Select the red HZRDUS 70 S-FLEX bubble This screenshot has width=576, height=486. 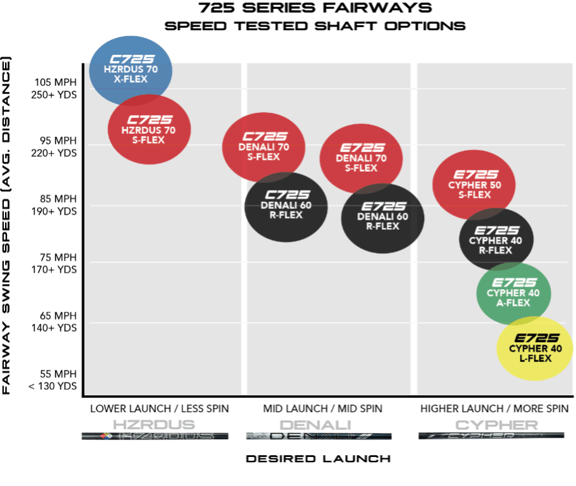[150, 129]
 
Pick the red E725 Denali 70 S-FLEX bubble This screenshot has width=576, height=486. [361, 158]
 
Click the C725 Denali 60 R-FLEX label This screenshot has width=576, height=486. [286, 205]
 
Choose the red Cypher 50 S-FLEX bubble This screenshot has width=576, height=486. [474, 184]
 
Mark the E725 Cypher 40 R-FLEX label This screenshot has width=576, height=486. [495, 240]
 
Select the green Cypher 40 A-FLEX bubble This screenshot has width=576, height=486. [514, 293]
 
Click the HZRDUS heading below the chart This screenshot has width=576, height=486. [153, 424]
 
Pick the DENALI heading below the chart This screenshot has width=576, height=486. [315, 424]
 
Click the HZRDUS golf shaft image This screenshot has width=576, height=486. [155, 436]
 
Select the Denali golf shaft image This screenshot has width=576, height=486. [319, 436]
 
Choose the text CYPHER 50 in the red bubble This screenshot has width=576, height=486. [474, 185]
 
